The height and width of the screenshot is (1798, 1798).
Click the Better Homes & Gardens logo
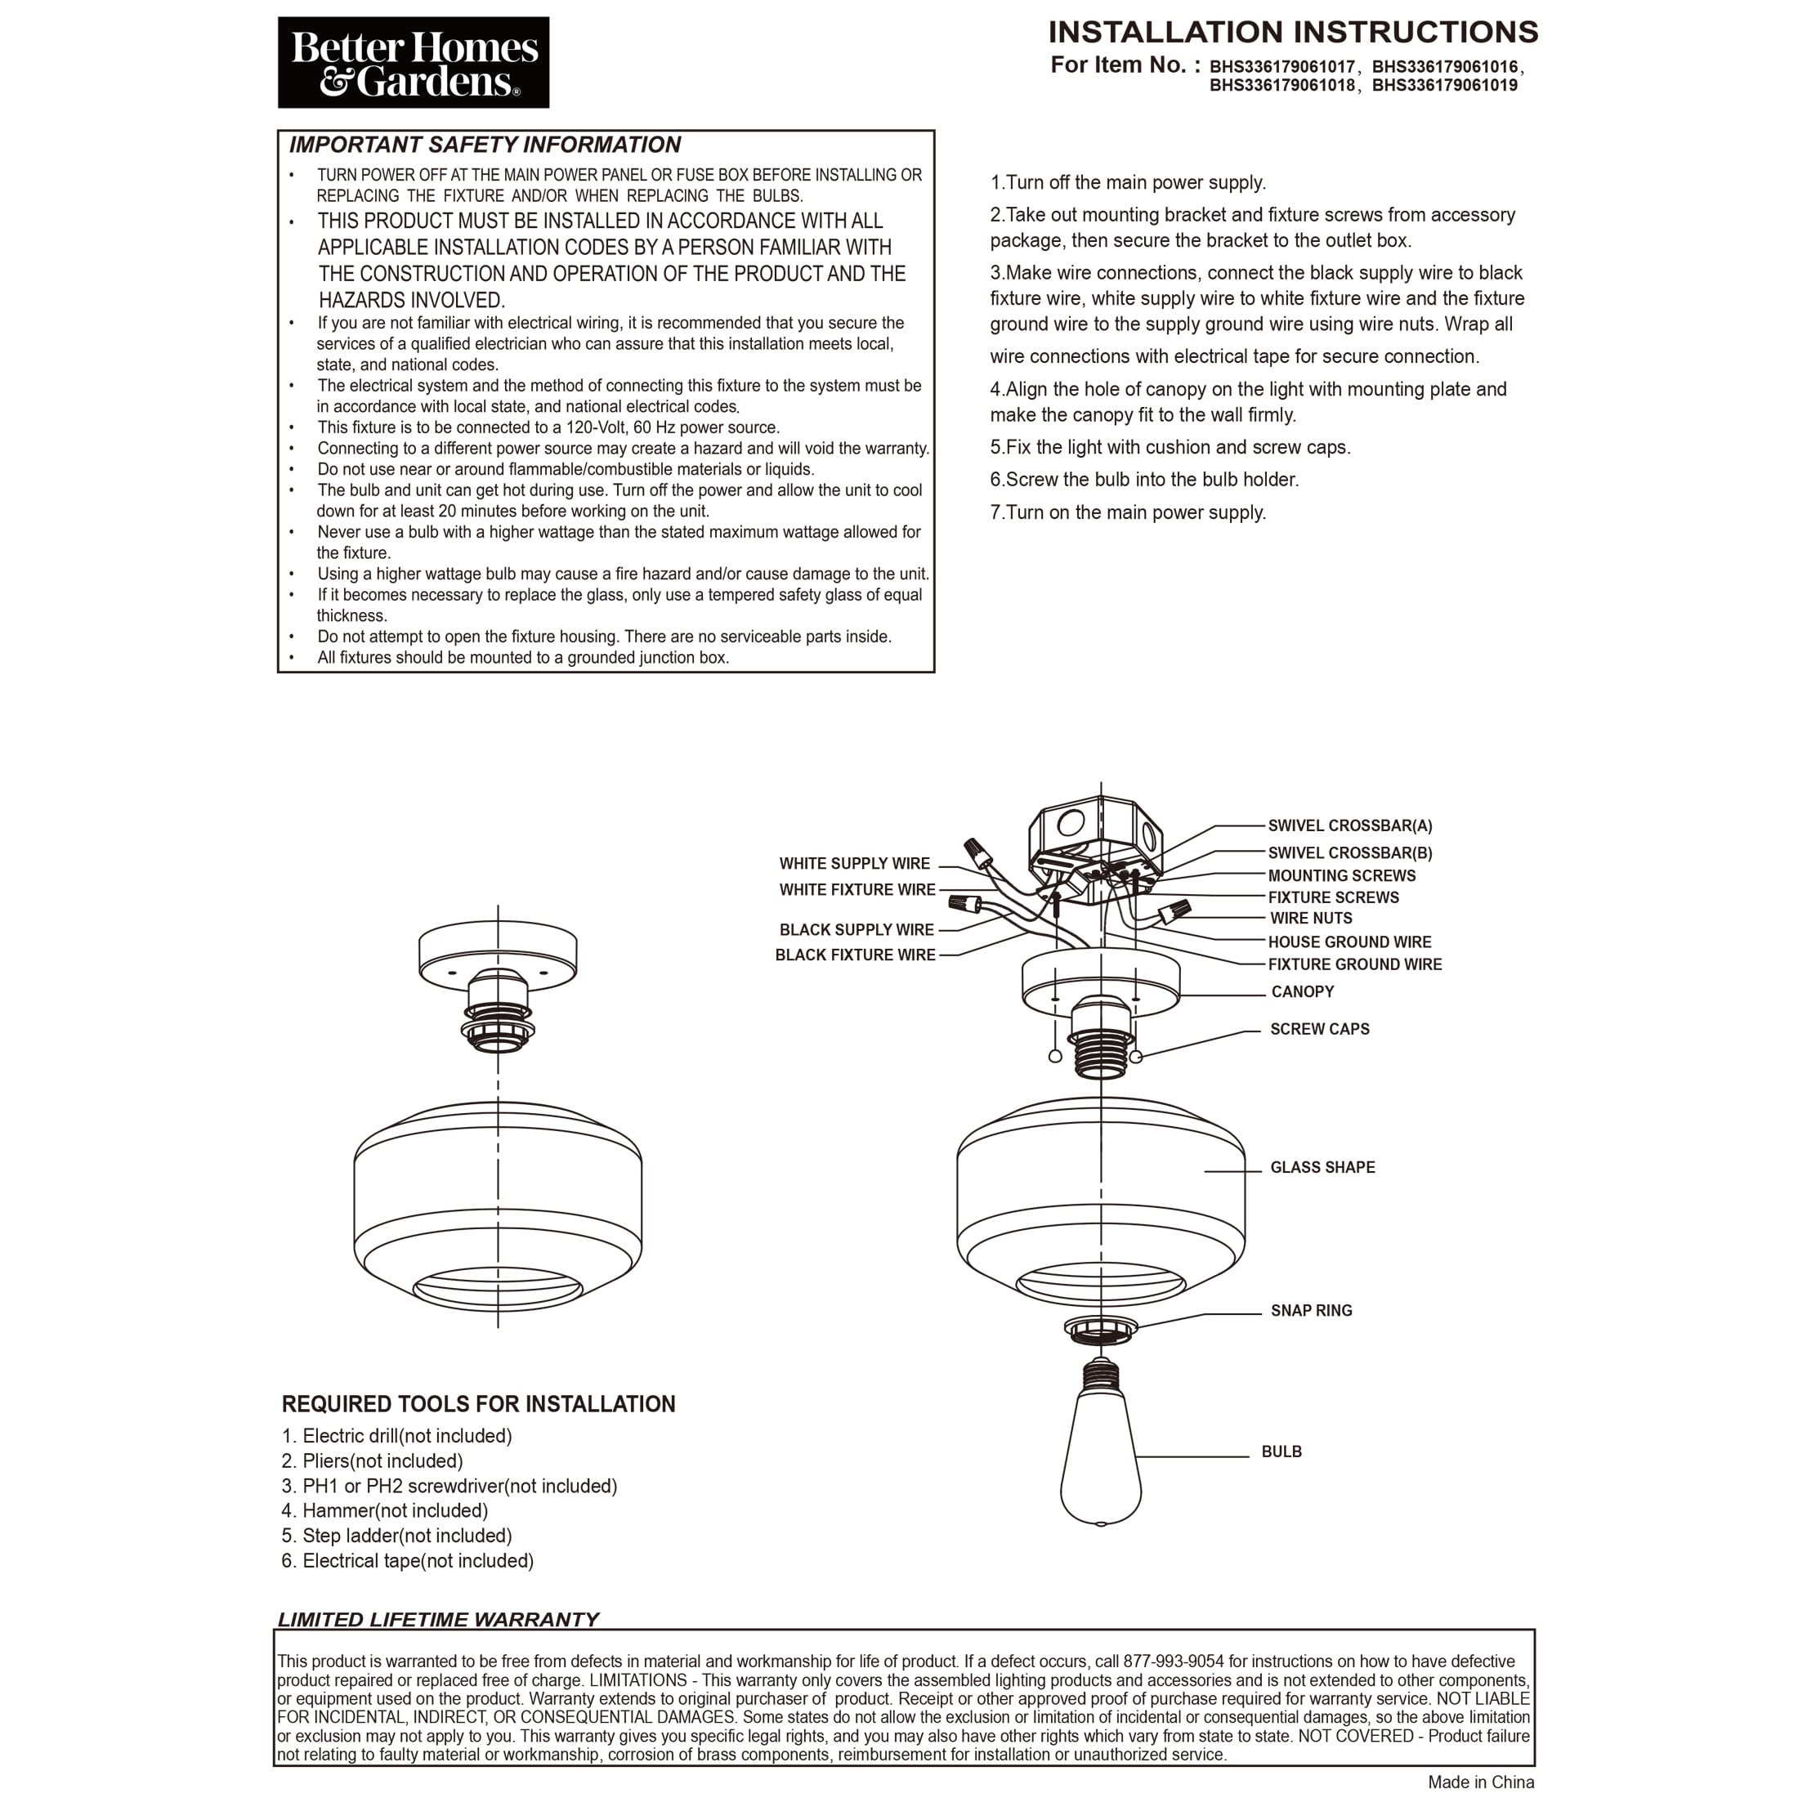tap(414, 63)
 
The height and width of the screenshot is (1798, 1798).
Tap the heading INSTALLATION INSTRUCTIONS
tap(1293, 33)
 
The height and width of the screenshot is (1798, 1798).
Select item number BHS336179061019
tap(1444, 86)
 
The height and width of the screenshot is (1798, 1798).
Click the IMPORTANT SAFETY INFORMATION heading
tap(485, 145)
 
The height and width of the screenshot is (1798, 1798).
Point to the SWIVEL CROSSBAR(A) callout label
tap(1349, 825)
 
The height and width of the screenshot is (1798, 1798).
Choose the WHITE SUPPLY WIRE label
tap(854, 864)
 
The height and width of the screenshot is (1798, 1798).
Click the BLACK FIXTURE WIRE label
tap(855, 955)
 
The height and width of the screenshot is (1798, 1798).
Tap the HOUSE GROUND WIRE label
tap(1349, 941)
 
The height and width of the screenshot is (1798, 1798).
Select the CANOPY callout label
tap(1302, 991)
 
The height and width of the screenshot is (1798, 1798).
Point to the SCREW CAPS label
tap(1320, 1028)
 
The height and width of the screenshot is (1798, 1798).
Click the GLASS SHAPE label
tap(1322, 1167)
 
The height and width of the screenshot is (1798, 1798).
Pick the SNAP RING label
tap(1311, 1310)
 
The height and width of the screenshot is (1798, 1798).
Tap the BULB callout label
tap(1281, 1451)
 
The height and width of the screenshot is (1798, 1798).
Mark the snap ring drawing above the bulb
tap(1101, 1331)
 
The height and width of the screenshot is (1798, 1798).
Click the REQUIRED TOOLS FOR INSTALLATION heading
tap(478, 1404)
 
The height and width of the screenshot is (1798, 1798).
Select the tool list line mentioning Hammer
tap(385, 1510)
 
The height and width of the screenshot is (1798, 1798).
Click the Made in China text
tap(1481, 1782)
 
